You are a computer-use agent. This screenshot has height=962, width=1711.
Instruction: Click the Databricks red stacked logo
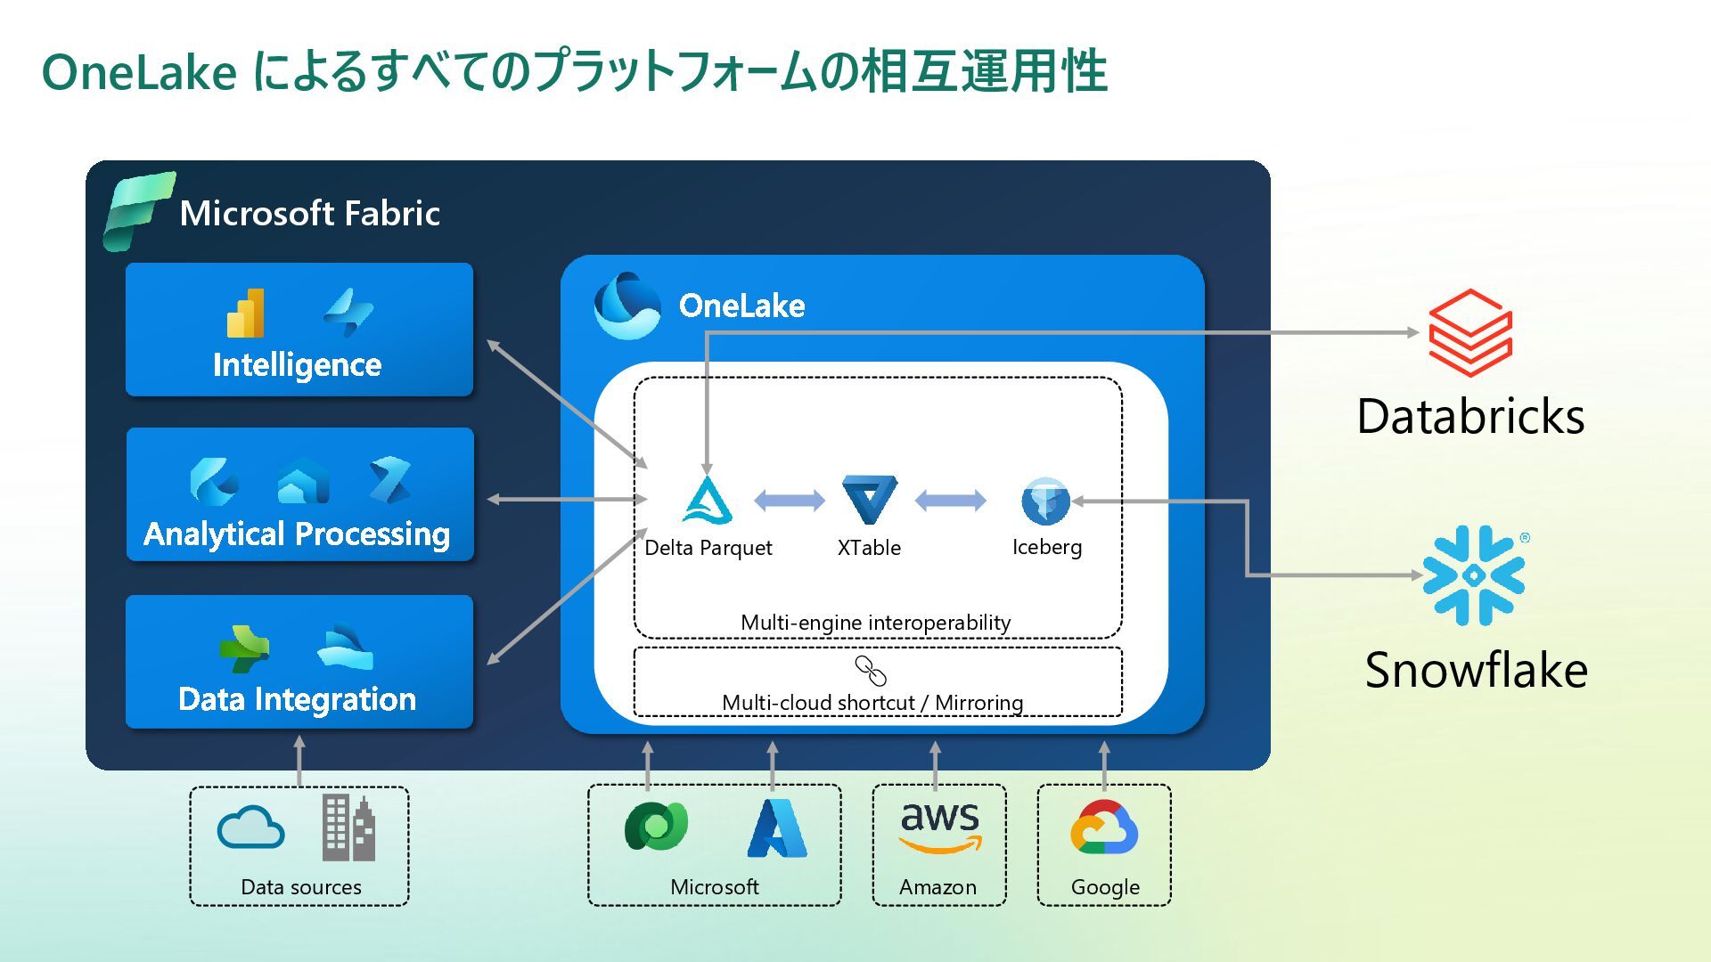(1470, 332)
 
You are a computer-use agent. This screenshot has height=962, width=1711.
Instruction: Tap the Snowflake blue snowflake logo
(1473, 575)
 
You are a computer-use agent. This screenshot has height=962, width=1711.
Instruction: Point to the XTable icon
(869, 499)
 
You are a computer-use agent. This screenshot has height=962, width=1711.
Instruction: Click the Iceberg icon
(1045, 500)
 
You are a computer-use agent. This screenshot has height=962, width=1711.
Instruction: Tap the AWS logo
(939, 827)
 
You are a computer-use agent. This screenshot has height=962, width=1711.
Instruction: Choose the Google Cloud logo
(1104, 827)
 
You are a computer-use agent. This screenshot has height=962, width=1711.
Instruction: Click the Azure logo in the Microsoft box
(776, 828)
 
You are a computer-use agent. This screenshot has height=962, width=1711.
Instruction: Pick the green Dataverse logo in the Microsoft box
(656, 827)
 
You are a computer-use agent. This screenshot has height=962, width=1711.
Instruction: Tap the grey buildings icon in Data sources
(348, 827)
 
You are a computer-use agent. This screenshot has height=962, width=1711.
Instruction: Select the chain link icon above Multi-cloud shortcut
(871, 670)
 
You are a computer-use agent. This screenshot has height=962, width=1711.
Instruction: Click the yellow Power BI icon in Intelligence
(246, 313)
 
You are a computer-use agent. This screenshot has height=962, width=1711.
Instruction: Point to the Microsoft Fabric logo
(138, 211)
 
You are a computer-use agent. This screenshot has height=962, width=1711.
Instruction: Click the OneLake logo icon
(626, 306)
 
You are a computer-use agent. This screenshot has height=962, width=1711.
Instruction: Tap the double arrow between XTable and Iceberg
(950, 500)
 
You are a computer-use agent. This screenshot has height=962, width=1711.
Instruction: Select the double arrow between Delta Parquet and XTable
(790, 500)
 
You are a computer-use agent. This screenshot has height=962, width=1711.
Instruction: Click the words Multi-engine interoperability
(875, 623)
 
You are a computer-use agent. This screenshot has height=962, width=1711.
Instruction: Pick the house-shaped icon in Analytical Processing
(303, 481)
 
